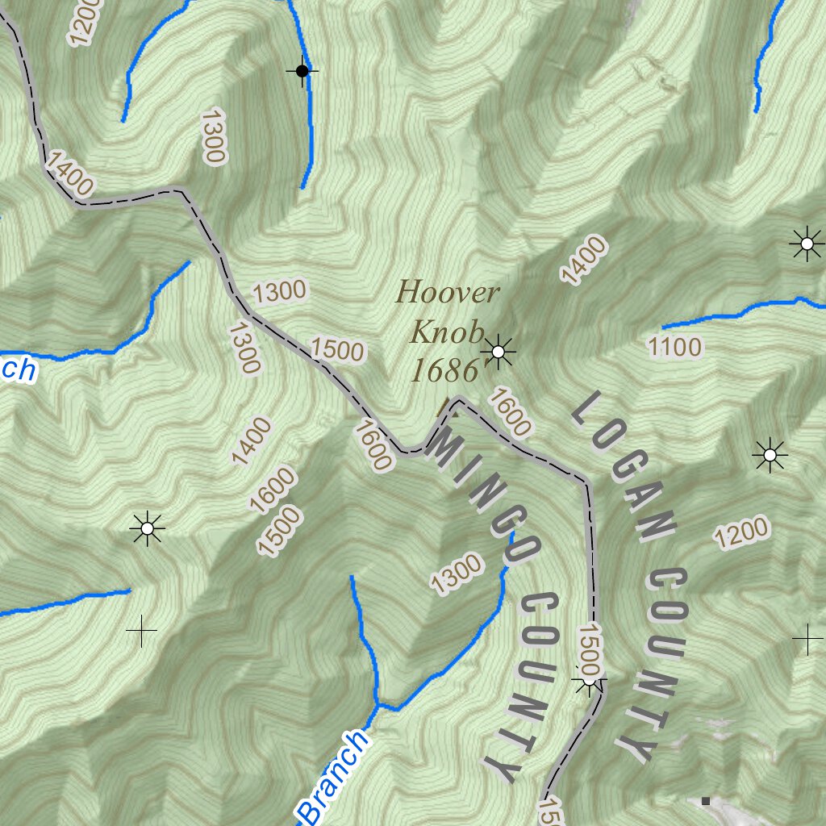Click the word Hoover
click(448, 292)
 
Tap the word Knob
click(448, 332)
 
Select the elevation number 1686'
click(444, 371)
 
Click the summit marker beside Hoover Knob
click(499, 352)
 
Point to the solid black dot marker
click(302, 72)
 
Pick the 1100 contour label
click(674, 348)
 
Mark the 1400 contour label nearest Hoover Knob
click(583, 261)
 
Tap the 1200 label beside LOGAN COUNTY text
click(741, 533)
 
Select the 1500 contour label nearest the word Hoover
click(337, 349)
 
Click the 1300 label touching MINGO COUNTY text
click(457, 575)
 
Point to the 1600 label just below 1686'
click(508, 411)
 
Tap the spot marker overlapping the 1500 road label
click(589, 681)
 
